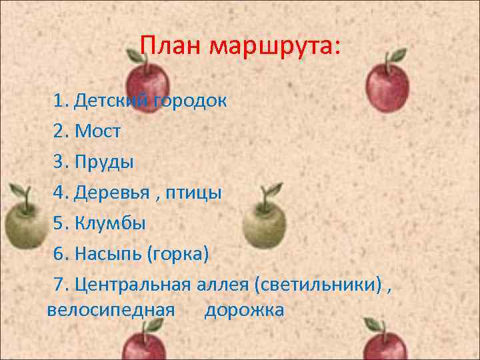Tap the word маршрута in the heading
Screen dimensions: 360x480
tap(274, 47)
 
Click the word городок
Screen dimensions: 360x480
tap(191, 101)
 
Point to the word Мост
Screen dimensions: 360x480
tap(98, 131)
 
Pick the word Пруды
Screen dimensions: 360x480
tap(105, 162)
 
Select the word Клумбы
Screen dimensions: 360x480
tap(109, 223)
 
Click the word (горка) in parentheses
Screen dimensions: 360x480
tap(178, 254)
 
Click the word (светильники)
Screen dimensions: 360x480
tap(318, 285)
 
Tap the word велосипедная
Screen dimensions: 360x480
tap(111, 310)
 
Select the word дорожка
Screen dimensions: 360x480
tap(244, 310)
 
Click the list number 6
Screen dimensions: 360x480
tap(61, 254)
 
